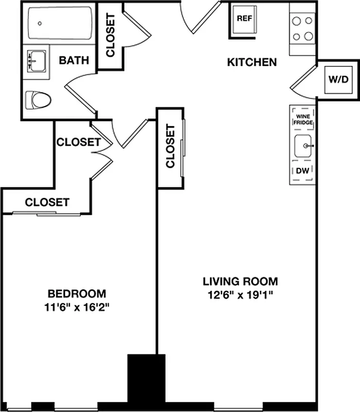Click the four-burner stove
[x=302, y=29]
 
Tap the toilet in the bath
[x=39, y=99]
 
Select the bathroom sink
[x=36, y=61]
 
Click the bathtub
[x=59, y=23]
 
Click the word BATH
[x=74, y=60]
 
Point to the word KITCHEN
[x=252, y=62]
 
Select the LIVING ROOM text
[x=240, y=282]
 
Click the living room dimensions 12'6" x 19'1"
[x=240, y=295]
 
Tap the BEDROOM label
[x=77, y=294]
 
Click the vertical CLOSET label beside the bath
[x=110, y=35]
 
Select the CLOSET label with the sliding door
[x=47, y=202]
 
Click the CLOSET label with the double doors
[x=78, y=142]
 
